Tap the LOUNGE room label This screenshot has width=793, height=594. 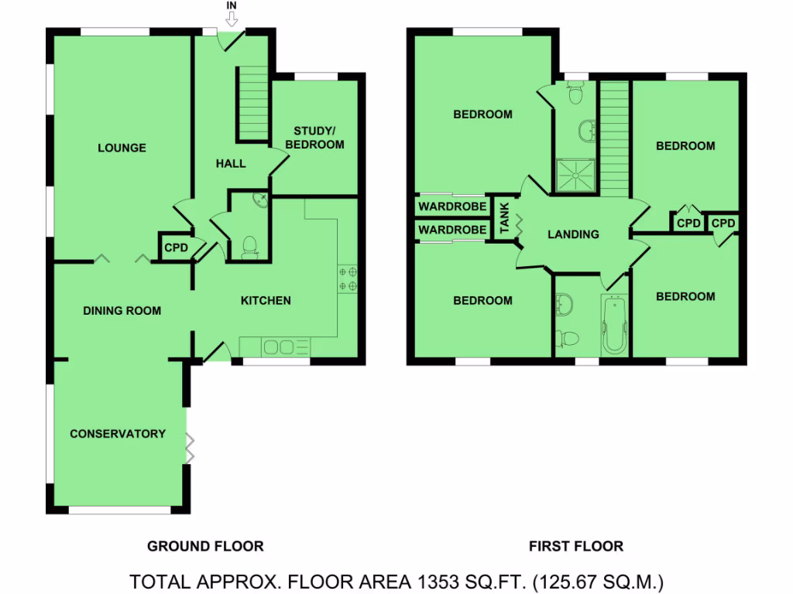tap(122, 148)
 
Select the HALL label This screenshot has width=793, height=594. tap(231, 163)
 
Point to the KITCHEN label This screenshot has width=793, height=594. tap(266, 300)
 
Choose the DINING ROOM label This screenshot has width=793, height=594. tap(122, 311)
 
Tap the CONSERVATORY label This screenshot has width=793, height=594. tap(118, 434)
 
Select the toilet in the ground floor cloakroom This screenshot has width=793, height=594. tap(249, 247)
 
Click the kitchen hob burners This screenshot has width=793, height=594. tap(348, 279)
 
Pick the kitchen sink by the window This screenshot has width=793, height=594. tap(276, 347)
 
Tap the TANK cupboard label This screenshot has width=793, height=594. tap(505, 219)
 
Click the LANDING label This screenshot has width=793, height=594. tap(573, 234)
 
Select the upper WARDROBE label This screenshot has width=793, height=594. tap(453, 207)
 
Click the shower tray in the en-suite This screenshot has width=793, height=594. tap(576, 175)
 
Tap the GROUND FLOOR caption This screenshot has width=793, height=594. tap(205, 546)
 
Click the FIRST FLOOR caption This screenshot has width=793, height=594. tap(575, 546)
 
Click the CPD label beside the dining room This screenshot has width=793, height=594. tap(175, 248)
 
